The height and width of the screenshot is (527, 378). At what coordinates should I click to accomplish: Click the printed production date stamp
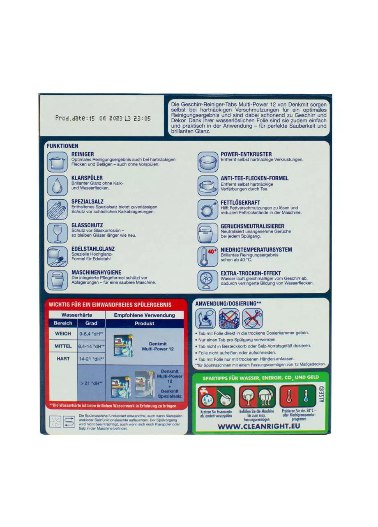tap(103, 118)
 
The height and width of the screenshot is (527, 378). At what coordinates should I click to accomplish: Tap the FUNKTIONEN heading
tap(62, 146)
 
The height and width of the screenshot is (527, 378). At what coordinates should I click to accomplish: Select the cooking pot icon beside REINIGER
tap(57, 162)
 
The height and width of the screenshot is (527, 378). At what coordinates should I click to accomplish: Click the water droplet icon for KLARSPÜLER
tap(57, 186)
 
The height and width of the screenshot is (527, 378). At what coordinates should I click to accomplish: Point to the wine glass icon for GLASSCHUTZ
tap(57, 233)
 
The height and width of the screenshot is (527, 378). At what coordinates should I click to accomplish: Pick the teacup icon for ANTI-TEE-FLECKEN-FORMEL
tap(208, 186)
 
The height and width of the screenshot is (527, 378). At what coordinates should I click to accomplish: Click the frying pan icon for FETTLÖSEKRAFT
tap(208, 210)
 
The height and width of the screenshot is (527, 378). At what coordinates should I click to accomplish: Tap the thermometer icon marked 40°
tap(208, 257)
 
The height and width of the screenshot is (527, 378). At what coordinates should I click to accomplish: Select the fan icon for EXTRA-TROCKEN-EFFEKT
tap(208, 280)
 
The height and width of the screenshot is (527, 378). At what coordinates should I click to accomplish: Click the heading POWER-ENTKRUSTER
tap(246, 154)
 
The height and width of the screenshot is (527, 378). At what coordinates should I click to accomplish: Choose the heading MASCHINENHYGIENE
tap(96, 272)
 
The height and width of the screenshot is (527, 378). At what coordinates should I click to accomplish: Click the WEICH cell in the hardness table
tap(63, 333)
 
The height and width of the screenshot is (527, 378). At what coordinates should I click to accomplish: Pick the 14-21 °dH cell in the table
tap(91, 359)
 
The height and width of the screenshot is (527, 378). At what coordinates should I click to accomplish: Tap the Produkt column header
tap(144, 323)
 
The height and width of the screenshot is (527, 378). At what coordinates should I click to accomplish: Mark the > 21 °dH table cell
tap(91, 383)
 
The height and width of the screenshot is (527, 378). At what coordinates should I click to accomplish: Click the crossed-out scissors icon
tap(252, 319)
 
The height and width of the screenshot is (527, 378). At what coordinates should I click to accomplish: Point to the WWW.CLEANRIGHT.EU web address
tap(259, 427)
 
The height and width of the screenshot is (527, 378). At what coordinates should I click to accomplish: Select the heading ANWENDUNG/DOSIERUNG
tap(228, 303)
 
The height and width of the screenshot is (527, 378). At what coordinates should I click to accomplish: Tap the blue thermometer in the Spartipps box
tap(306, 396)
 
